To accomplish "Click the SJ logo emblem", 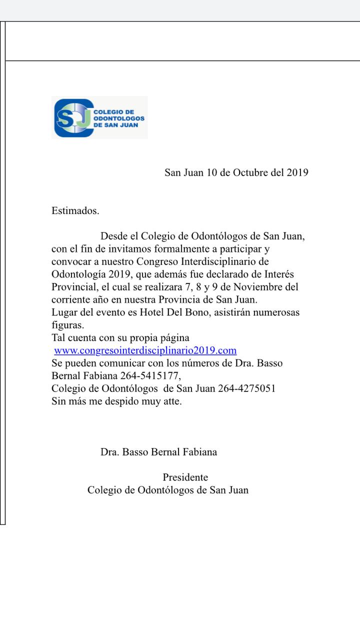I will [72, 118].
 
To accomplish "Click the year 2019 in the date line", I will [297, 172].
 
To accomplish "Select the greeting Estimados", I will [75, 211].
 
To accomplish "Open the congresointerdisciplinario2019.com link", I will [145, 350].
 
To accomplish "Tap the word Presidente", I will [185, 477].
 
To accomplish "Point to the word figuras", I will [67, 325].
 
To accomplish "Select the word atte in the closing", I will [171, 401].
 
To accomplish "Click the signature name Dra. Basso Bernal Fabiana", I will [158, 452].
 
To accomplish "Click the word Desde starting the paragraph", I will [114, 236].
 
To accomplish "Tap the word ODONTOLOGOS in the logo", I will [119, 118].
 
